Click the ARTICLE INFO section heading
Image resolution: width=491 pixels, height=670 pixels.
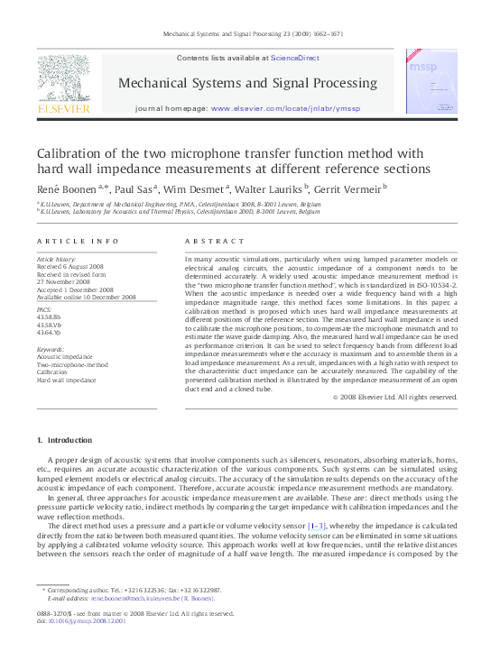[78, 241]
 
